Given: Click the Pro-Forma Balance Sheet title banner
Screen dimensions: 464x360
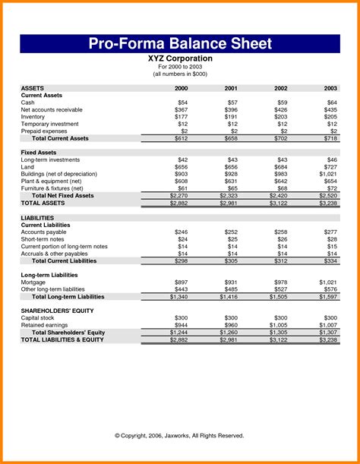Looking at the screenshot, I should tap(180, 43).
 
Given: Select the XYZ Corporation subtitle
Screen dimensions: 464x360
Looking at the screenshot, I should tap(180, 58).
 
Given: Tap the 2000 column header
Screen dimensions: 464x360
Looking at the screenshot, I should tap(182, 88).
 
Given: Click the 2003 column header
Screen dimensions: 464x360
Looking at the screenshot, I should tap(331, 88).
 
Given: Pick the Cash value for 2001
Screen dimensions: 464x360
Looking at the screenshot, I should tap(232, 103).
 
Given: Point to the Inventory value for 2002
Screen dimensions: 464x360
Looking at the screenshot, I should tap(282, 117).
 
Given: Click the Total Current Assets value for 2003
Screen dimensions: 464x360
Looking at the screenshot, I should tap(331, 139).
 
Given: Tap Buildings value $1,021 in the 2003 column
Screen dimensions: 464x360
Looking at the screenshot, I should tap(328, 174).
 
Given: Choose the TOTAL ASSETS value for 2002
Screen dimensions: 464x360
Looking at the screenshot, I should tap(279, 204).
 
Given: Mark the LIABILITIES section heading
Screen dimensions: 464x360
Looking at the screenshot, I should tap(38, 218).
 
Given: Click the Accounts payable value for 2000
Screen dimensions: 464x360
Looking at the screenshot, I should tap(182, 232).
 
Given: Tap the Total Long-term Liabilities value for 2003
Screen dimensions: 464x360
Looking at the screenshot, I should tap(328, 297).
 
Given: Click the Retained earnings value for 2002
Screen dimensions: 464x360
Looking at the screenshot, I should tap(279, 326).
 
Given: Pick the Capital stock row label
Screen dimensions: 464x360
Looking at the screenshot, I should tap(39, 318).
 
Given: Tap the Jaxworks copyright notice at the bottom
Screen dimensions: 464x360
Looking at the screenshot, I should tap(180, 435).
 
